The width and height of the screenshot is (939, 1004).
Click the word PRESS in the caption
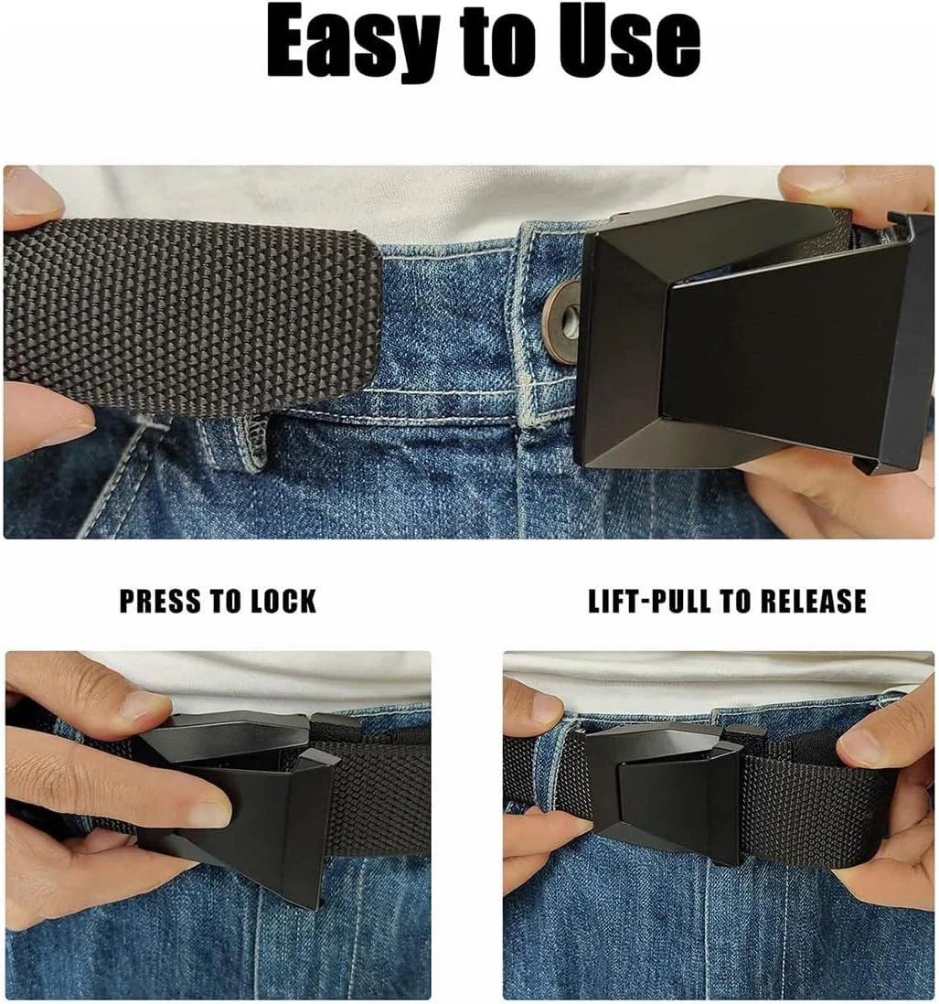[x=160, y=602]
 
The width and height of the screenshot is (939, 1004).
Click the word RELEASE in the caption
[x=812, y=602]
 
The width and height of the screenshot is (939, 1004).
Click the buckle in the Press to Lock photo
[x=243, y=800]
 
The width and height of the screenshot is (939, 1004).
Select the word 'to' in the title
[x=496, y=45]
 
